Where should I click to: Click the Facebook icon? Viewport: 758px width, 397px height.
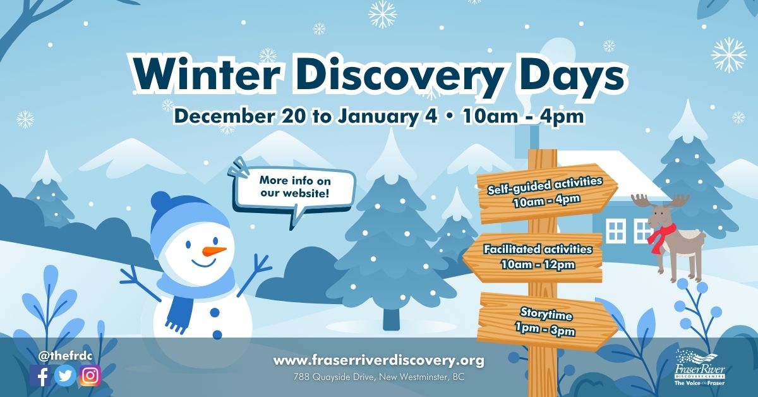[x=41, y=376]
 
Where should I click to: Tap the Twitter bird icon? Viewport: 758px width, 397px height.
[x=66, y=376]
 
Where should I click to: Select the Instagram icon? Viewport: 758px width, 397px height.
[x=90, y=376]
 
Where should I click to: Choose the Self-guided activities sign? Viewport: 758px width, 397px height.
[x=543, y=192]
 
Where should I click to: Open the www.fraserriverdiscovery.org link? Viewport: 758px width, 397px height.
[x=378, y=361]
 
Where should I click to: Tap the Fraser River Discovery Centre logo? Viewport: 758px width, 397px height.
[x=699, y=369]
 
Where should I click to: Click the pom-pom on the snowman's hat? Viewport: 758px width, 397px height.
[x=160, y=202]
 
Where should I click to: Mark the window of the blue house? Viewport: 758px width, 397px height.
[x=615, y=231]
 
